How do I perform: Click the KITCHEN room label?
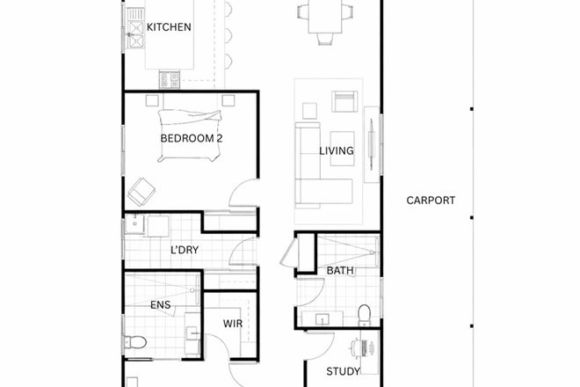(169, 27)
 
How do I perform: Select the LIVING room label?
(336, 150)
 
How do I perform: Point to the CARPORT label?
(431, 201)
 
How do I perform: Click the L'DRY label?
(185, 251)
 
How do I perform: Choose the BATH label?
(340, 270)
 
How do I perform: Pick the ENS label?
(161, 305)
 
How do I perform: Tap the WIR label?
(233, 325)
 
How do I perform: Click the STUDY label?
(343, 371)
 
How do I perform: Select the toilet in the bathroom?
(364, 314)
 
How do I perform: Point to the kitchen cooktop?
(169, 80)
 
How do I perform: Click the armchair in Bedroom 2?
(141, 193)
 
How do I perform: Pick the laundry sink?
(135, 225)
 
